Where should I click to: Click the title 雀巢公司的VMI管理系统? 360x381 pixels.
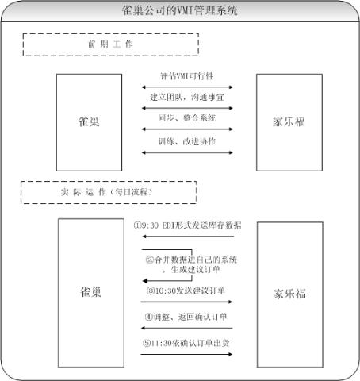pyautogui.click(x=180, y=10)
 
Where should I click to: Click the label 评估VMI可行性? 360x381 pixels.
pyautogui.click(x=187, y=76)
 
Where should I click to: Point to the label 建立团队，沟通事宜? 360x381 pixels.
pyautogui.click(x=187, y=97)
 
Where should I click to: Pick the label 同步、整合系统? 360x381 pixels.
pyautogui.click(x=187, y=118)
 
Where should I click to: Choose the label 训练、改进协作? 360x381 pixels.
pyautogui.click(x=187, y=141)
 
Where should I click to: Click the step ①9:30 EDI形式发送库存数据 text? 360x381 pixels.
pyautogui.click(x=187, y=225)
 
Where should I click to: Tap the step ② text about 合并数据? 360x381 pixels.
pyautogui.click(x=191, y=264)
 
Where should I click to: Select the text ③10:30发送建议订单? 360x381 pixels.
pyautogui.click(x=186, y=291)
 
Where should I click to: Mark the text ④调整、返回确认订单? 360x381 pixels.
pyautogui.click(x=186, y=317)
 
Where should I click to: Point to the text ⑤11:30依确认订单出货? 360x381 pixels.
pyautogui.click(x=186, y=343)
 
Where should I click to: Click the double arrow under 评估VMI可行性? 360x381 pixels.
pyautogui.click(x=187, y=87)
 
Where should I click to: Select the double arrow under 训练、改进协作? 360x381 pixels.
pyautogui.click(x=187, y=152)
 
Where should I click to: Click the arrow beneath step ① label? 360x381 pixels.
pyautogui.click(x=188, y=237)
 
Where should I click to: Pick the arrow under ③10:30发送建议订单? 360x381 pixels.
pyautogui.click(x=186, y=302)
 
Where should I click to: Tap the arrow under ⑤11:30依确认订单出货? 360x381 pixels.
pyautogui.click(x=186, y=354)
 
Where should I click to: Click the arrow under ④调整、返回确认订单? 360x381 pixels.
pyautogui.click(x=187, y=328)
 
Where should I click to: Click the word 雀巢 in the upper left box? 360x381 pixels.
pyautogui.click(x=89, y=121)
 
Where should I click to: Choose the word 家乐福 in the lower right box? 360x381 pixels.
pyautogui.click(x=289, y=294)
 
